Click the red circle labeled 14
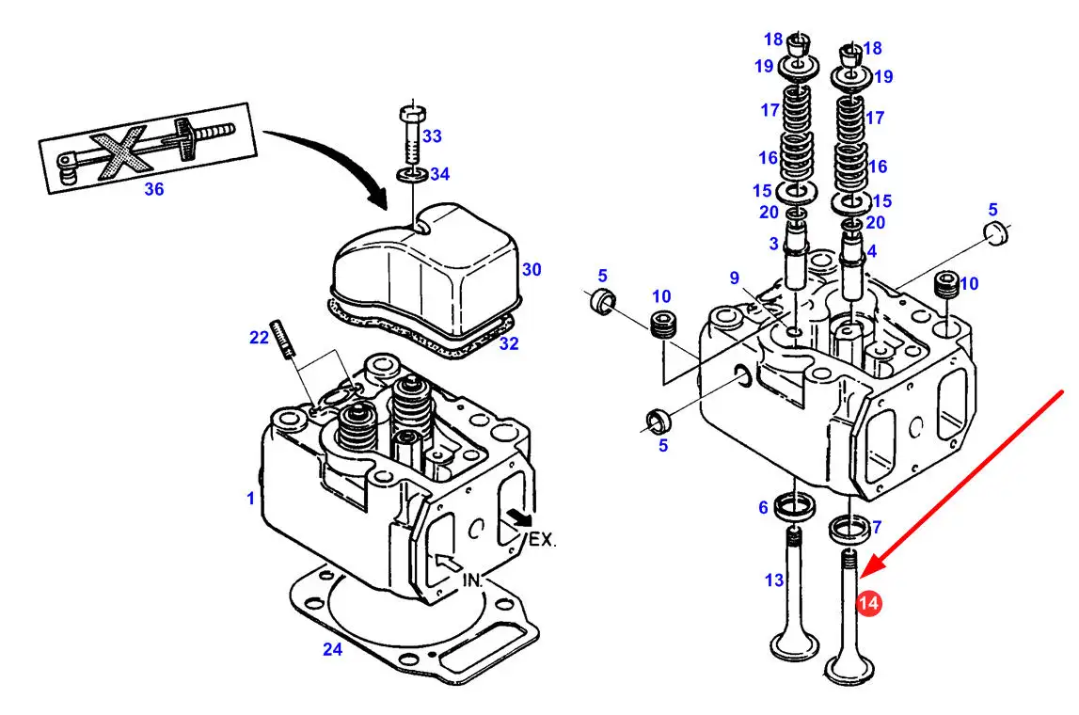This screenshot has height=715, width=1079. (x=868, y=603)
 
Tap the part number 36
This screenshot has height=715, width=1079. (x=153, y=189)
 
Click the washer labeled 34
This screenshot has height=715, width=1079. (x=411, y=174)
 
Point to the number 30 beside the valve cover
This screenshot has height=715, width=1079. (x=532, y=270)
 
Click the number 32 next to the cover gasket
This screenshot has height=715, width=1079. (x=509, y=343)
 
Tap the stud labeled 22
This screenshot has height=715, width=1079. (x=283, y=339)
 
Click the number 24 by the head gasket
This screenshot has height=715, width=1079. (x=332, y=649)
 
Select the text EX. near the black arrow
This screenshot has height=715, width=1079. (x=542, y=539)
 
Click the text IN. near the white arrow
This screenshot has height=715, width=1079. (x=472, y=580)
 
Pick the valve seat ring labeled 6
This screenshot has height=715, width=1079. (x=795, y=508)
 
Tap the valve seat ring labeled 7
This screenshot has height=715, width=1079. (x=849, y=529)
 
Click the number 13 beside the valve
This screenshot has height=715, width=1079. (x=773, y=580)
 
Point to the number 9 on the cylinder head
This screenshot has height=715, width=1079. (x=735, y=278)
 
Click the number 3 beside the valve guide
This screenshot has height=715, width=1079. (x=773, y=243)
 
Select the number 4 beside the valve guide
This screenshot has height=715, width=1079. (x=872, y=251)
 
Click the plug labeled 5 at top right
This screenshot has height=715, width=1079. (x=997, y=232)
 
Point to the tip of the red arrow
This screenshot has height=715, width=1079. (x=860, y=577)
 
